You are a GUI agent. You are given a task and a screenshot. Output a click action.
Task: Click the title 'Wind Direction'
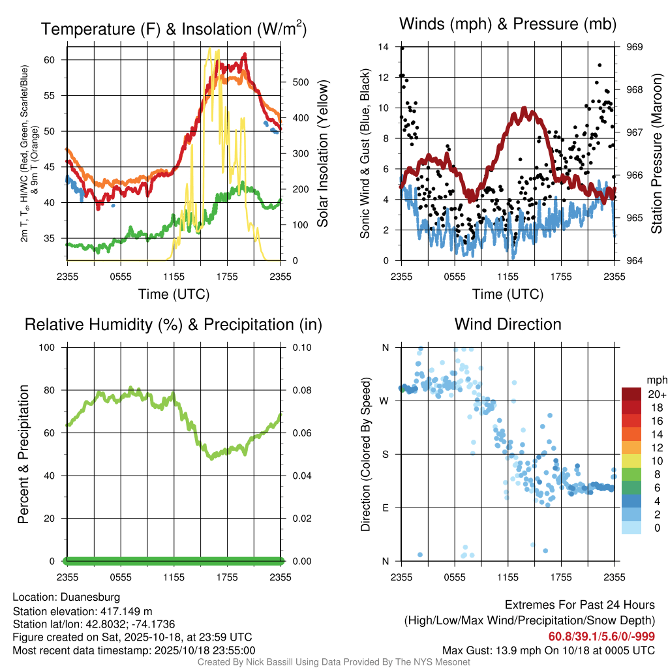click(x=508, y=324)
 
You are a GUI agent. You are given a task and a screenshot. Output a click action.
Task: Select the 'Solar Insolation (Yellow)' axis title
click(x=322, y=154)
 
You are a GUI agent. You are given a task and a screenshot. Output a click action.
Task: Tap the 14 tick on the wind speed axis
click(x=384, y=47)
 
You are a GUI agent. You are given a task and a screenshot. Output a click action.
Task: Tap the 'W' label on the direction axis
click(x=385, y=401)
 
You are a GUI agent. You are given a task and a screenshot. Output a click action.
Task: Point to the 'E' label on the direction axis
click(x=386, y=508)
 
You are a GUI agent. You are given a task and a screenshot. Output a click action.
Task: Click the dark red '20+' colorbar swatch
click(x=632, y=394)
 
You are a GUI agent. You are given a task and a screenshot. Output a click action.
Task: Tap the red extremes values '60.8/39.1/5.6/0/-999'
click(x=601, y=637)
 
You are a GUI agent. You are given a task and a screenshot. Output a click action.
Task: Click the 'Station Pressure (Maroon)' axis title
click(x=656, y=154)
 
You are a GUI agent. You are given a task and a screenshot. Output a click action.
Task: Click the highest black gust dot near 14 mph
click(x=402, y=48)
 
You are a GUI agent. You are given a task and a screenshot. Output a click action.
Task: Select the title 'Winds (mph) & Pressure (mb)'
click(x=508, y=25)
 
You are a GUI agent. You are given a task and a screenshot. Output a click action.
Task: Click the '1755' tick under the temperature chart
click(x=228, y=277)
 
